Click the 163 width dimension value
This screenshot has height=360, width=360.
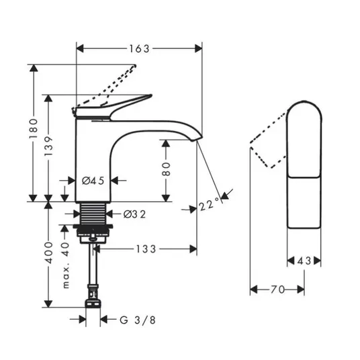pyautogui.click(x=139, y=49)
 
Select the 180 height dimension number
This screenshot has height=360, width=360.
pyautogui.click(x=34, y=128)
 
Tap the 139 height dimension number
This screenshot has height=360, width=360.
pyautogui.click(x=48, y=146)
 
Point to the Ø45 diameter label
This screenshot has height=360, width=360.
pyautogui.click(x=93, y=181)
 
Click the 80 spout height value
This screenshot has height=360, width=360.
pyautogui.click(x=166, y=169)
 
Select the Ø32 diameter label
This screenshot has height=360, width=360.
pyautogui.click(x=134, y=214)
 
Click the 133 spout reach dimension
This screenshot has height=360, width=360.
pyautogui.click(x=146, y=249)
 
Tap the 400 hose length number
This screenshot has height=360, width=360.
pyautogui.click(x=49, y=253)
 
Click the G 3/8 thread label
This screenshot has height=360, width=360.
pyautogui.click(x=138, y=320)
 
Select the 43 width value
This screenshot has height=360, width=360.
pyautogui.click(x=304, y=261)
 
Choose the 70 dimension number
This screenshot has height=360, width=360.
pyautogui.click(x=277, y=289)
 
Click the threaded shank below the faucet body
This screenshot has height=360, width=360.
pyautogui.click(x=93, y=214)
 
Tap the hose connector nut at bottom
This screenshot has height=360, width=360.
pyautogui.click(x=93, y=303)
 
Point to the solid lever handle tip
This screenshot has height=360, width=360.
pyautogui.click(x=150, y=95)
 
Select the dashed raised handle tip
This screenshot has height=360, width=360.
pyautogui.click(x=134, y=66)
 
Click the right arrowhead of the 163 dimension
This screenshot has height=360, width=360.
pyautogui.click(x=199, y=48)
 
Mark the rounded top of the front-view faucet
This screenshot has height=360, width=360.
pyautogui.click(x=304, y=102)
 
